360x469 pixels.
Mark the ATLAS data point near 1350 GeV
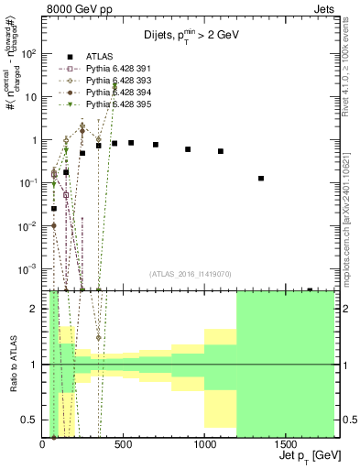coord(261,179)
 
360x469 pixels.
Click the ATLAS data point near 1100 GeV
coord(221,151)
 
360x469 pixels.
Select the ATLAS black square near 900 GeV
coord(188,149)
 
